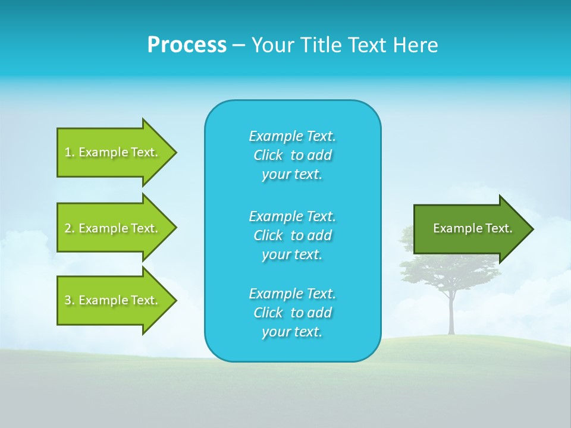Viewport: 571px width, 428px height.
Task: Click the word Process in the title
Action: click(x=187, y=45)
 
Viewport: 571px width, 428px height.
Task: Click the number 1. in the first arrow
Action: click(x=70, y=152)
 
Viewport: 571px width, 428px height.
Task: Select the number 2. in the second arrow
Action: click(x=70, y=228)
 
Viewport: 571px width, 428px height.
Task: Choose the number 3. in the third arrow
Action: click(x=70, y=300)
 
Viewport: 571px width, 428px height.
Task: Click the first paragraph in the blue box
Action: click(x=292, y=155)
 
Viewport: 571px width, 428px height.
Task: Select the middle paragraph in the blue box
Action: click(x=292, y=235)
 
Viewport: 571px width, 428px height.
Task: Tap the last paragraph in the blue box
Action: click(x=292, y=313)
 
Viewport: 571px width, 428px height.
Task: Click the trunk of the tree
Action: click(x=451, y=315)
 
